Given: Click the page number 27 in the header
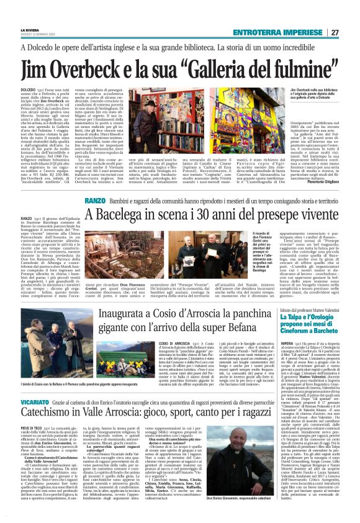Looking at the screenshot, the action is [351, 15].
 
